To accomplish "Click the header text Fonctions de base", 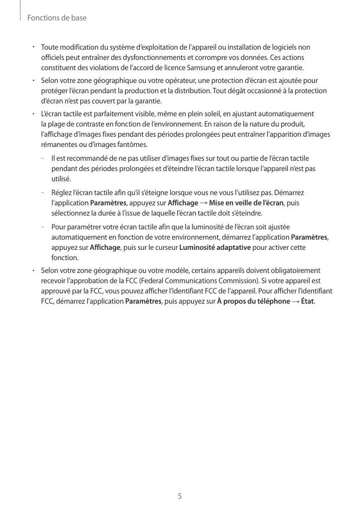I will click(x=57, y=18).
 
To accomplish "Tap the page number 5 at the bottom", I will click(x=180, y=496).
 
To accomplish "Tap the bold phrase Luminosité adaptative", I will click(x=215, y=248).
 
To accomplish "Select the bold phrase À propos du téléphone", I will click(x=253, y=301).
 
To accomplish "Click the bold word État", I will click(x=307, y=301).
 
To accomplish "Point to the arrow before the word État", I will click(x=295, y=301).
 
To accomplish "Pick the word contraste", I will click(x=85, y=124).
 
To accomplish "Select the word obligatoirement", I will click(x=295, y=270).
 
